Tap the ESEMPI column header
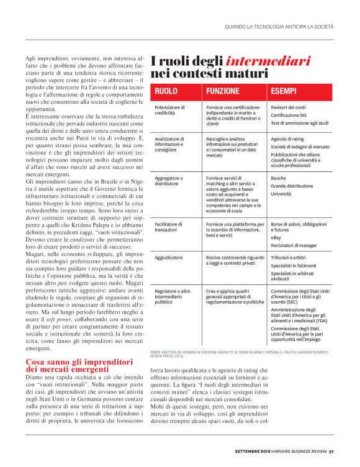click(x=283, y=91)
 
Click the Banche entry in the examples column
click(x=278, y=178)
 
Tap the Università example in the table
click(x=281, y=194)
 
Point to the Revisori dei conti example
click(x=289, y=107)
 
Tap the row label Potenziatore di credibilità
click(x=171, y=111)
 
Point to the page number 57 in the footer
click(x=331, y=452)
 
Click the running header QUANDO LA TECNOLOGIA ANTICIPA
click(x=279, y=27)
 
